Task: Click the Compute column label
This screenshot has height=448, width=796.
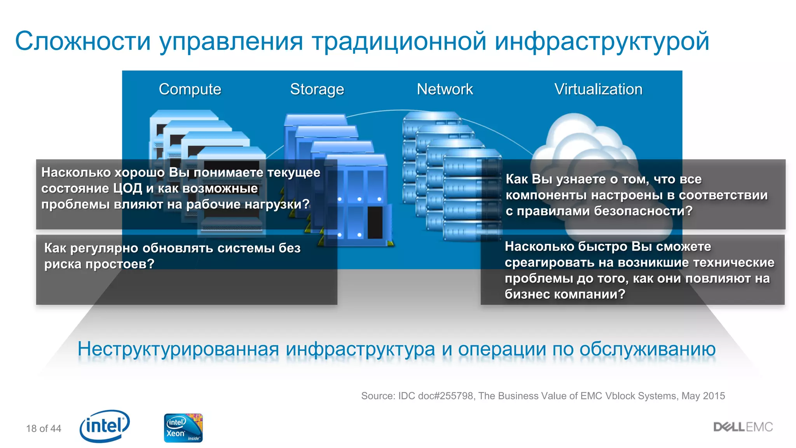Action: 190,89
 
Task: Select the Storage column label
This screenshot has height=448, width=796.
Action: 317,89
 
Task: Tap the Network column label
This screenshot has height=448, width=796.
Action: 445,89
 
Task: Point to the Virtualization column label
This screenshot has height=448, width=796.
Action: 598,89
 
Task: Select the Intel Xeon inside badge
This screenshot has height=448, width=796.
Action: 183,428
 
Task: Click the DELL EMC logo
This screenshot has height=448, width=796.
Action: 743,427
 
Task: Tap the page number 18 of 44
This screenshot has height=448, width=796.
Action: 44,429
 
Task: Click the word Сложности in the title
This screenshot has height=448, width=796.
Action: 82,41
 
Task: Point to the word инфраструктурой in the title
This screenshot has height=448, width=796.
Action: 602,41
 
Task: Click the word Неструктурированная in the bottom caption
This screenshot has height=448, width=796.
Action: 178,349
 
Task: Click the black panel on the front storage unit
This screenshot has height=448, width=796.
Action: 375,222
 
